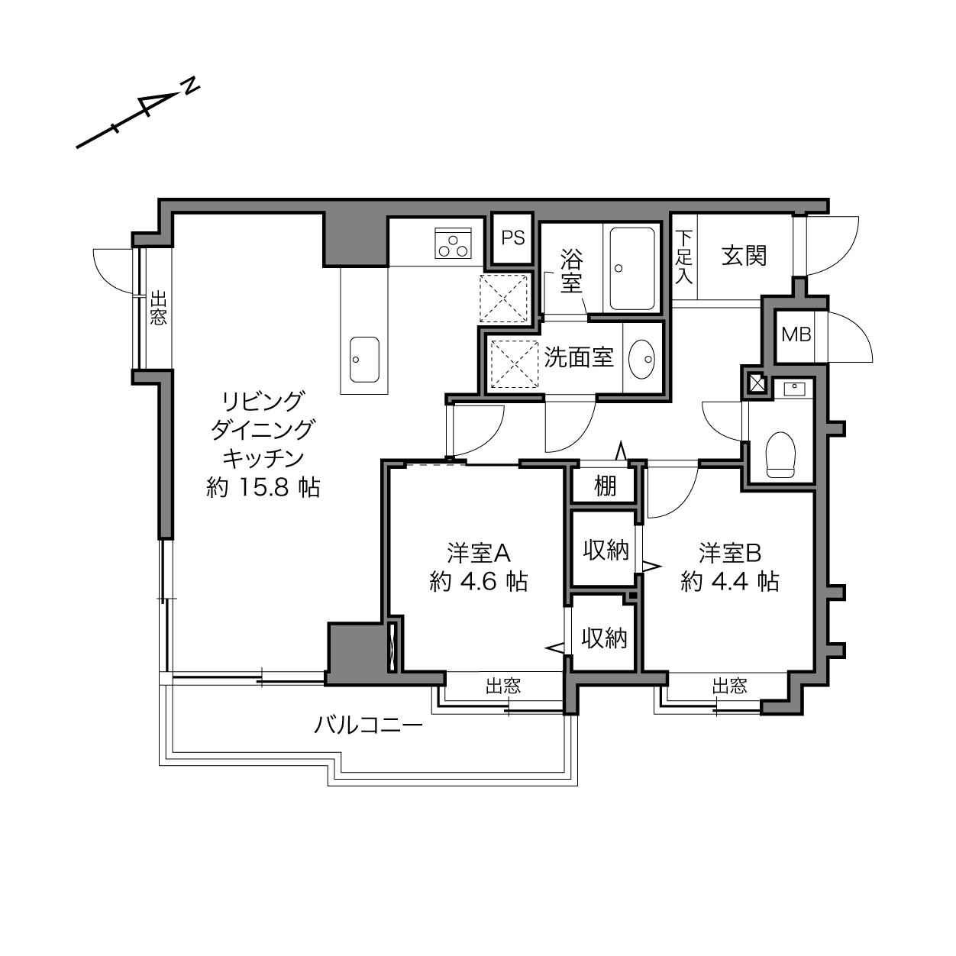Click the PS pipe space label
[512, 238]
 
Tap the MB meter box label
[796, 335]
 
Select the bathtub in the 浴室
[632, 268]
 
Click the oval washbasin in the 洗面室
[641, 359]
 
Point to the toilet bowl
[780, 454]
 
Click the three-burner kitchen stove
[453, 243]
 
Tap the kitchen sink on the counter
[364, 360]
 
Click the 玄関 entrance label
[744, 257]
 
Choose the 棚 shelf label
[606, 486]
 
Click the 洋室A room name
[479, 553]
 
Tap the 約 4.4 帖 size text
[730, 581]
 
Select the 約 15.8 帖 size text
[263, 488]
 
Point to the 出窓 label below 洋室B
[729, 686]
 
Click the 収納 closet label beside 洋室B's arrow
[606, 550]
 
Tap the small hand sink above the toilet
[794, 389]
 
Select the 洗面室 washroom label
[579, 357]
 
